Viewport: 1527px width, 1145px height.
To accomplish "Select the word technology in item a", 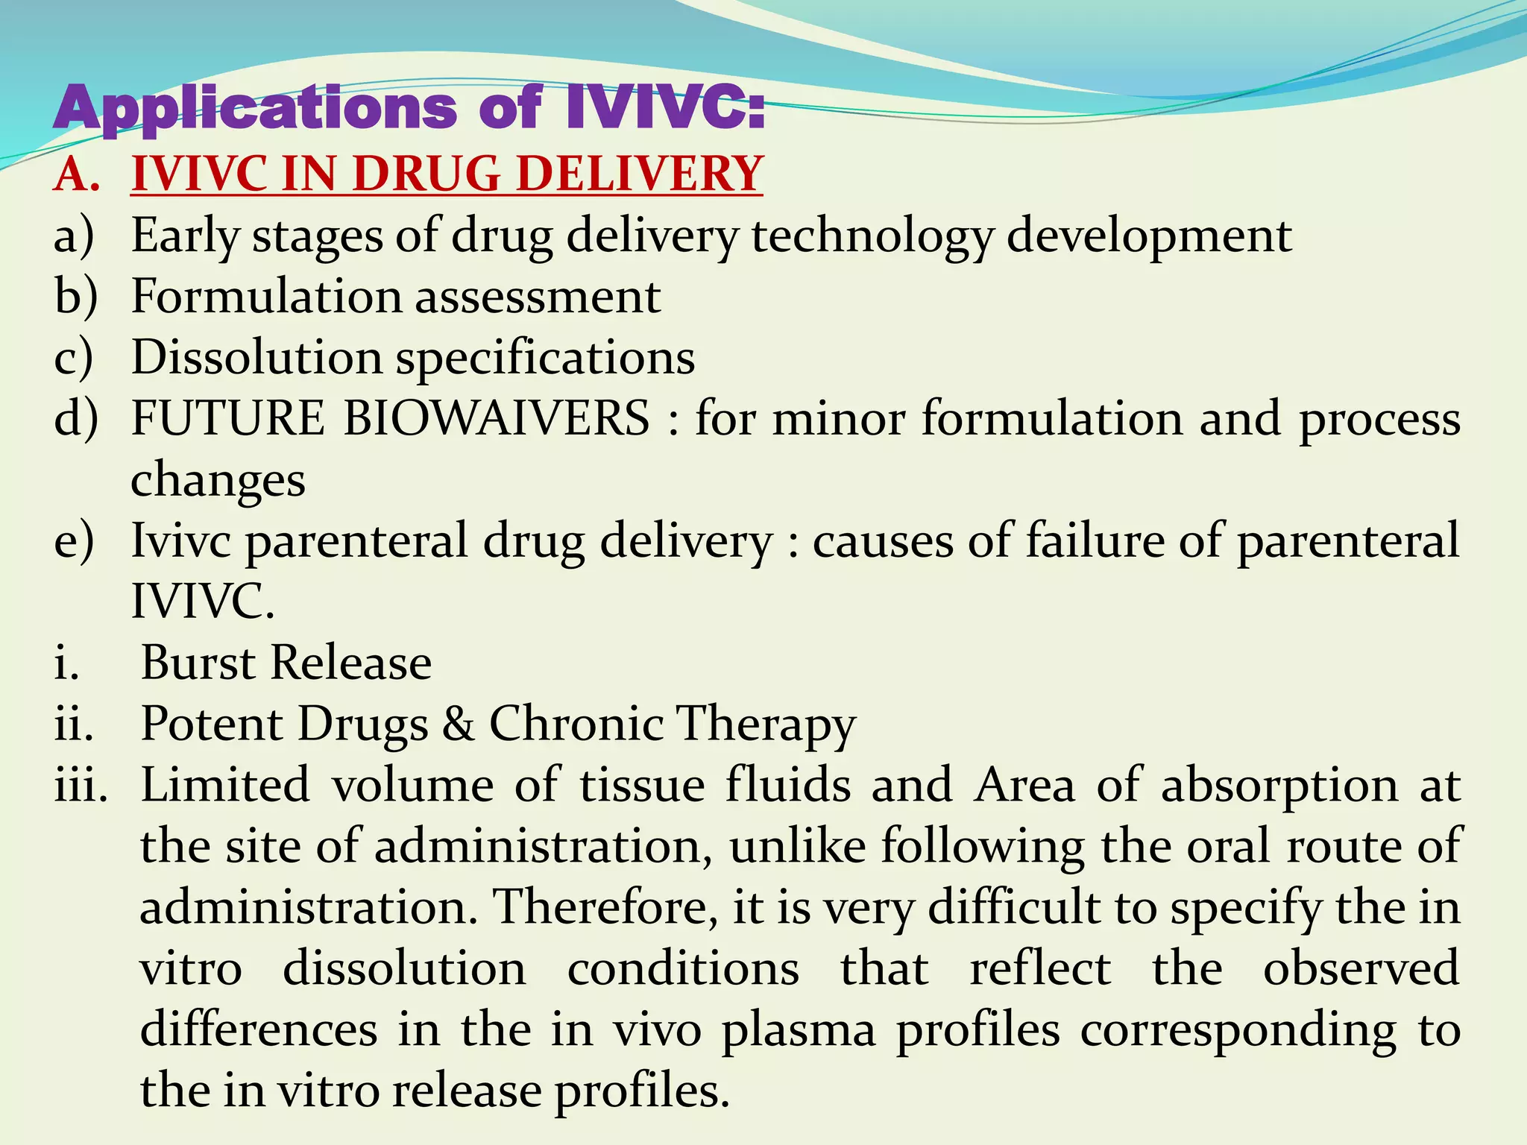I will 872,236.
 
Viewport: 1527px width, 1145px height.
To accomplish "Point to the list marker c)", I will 74,358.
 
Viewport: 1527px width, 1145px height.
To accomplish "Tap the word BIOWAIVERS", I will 496,418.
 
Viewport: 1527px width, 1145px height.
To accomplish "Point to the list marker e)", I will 74,540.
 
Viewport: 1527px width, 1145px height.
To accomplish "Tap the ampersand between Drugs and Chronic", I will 458,724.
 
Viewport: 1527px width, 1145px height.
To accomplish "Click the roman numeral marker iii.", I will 81,785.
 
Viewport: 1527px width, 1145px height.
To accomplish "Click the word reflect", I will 1039,968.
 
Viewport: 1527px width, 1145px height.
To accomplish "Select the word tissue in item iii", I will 642,785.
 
